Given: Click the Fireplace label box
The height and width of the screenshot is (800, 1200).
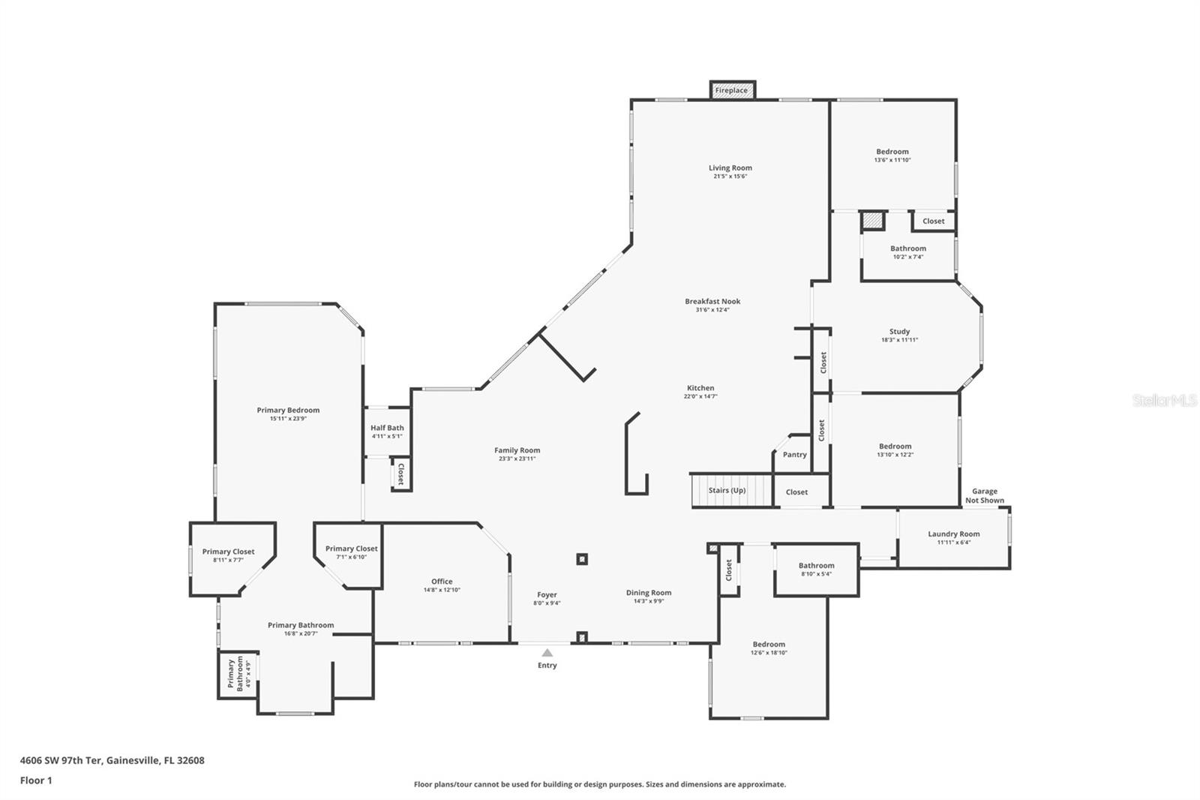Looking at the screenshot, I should pos(731,90).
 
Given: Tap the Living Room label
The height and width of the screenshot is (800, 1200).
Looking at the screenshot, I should pos(730,168).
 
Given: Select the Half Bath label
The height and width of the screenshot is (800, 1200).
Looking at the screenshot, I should pos(387,428).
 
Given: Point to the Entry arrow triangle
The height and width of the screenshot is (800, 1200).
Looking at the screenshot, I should pos(547,653).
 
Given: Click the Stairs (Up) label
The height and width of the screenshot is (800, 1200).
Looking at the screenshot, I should pos(727,491).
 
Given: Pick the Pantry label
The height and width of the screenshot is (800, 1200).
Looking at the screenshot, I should pos(794,455).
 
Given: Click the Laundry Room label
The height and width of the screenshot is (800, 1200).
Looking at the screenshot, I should pos(953,534).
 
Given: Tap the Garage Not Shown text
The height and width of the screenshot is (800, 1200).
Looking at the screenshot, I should pos(984,496).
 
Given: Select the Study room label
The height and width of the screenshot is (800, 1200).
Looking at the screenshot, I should pos(899,332).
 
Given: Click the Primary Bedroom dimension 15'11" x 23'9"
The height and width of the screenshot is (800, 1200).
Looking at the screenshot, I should pos(288,419).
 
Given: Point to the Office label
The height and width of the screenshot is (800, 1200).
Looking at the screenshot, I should pos(442,582).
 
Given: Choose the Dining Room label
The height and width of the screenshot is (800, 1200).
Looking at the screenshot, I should pos(649,593).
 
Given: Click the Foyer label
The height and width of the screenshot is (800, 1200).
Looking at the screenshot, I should pos(547,595).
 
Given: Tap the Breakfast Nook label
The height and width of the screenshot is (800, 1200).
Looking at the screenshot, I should pos(712,302).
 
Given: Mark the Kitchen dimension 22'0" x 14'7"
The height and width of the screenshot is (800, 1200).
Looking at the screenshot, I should pos(700,396).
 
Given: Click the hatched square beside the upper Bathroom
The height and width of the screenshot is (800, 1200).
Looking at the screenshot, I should pos(871,221).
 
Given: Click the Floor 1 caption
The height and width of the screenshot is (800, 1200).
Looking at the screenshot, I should pos(36,780).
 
